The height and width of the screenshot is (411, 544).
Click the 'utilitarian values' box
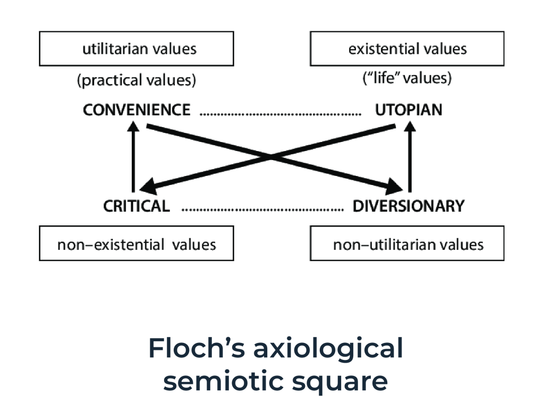tap(136, 49)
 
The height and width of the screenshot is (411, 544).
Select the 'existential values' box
tap(407, 49)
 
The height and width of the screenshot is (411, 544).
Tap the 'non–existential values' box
tap(136, 244)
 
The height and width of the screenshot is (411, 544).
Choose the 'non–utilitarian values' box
tap(407, 244)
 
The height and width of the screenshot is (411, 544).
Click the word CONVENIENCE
tap(137, 110)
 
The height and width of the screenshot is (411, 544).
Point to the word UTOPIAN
tap(409, 110)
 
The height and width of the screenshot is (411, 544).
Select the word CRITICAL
tap(137, 206)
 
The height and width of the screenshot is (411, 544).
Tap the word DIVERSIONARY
tap(408, 206)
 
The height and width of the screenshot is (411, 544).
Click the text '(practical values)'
tap(137, 80)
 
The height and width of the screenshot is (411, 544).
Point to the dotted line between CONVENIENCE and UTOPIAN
tap(280, 113)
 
